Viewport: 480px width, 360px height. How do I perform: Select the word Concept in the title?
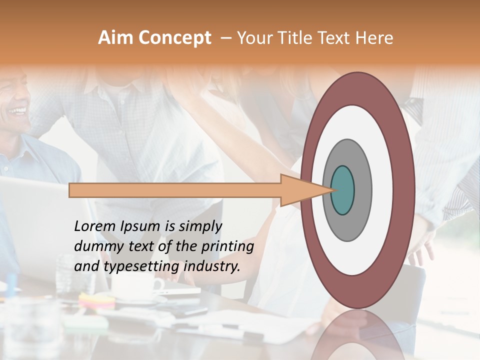click(x=174, y=38)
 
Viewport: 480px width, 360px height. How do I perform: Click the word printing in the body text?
click(x=228, y=247)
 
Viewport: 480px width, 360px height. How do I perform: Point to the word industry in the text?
click(x=212, y=266)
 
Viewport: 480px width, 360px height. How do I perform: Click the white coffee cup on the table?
click(x=135, y=286)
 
